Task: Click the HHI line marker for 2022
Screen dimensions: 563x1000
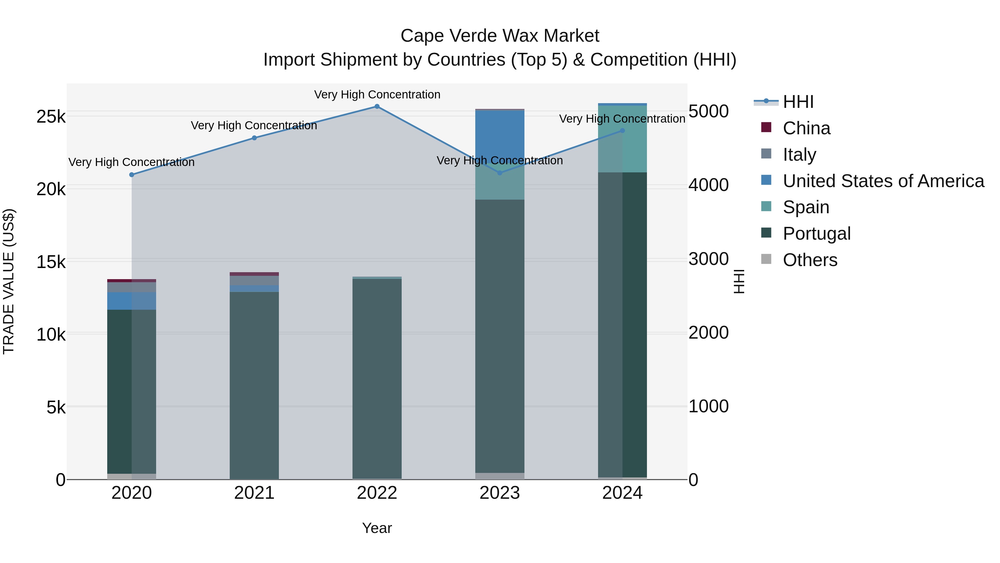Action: click(377, 106)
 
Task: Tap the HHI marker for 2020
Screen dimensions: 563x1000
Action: click(132, 175)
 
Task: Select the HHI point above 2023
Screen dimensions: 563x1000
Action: click(500, 173)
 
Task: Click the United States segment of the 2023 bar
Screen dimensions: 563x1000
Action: click(500, 136)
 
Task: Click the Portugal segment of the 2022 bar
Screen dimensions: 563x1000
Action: click(377, 379)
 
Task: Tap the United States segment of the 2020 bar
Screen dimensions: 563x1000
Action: click(132, 301)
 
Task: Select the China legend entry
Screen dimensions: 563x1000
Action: click(806, 128)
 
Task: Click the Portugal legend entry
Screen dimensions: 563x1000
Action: click(816, 234)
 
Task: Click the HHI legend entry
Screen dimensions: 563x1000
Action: click(798, 102)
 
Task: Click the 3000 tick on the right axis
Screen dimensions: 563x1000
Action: click(708, 259)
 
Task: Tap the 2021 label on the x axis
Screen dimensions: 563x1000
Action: click(254, 493)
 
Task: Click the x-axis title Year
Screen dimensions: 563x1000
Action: click(377, 528)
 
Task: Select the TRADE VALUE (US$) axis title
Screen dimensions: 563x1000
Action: click(9, 281)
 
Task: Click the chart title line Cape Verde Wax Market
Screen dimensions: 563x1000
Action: click(500, 36)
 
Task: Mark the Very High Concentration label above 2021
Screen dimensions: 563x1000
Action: click(254, 125)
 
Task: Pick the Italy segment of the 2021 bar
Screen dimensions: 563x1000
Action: click(254, 280)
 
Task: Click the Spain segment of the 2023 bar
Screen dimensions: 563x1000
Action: click(500, 183)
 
